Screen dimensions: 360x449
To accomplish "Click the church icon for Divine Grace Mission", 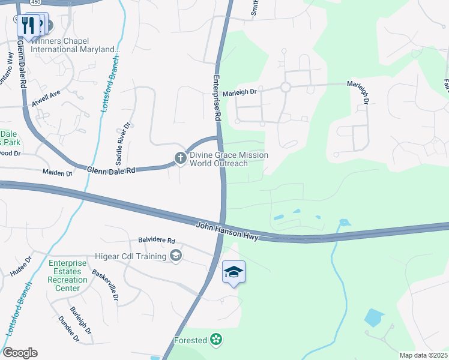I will tap(179, 158).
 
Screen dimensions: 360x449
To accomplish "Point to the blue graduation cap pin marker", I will tap(234, 273).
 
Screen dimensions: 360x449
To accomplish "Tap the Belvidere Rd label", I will tap(156, 240).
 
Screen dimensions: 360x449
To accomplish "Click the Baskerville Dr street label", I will tap(104, 285).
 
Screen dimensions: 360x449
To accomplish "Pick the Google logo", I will tap(20, 353).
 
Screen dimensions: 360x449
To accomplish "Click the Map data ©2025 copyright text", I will tap(423, 355).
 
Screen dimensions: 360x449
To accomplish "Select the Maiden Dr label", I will tap(56, 173).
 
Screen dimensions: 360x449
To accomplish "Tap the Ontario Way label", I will tap(7, 68).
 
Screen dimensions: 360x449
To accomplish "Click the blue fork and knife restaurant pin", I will tap(27, 25).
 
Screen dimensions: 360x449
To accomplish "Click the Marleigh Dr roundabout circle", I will tap(285, 88).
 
